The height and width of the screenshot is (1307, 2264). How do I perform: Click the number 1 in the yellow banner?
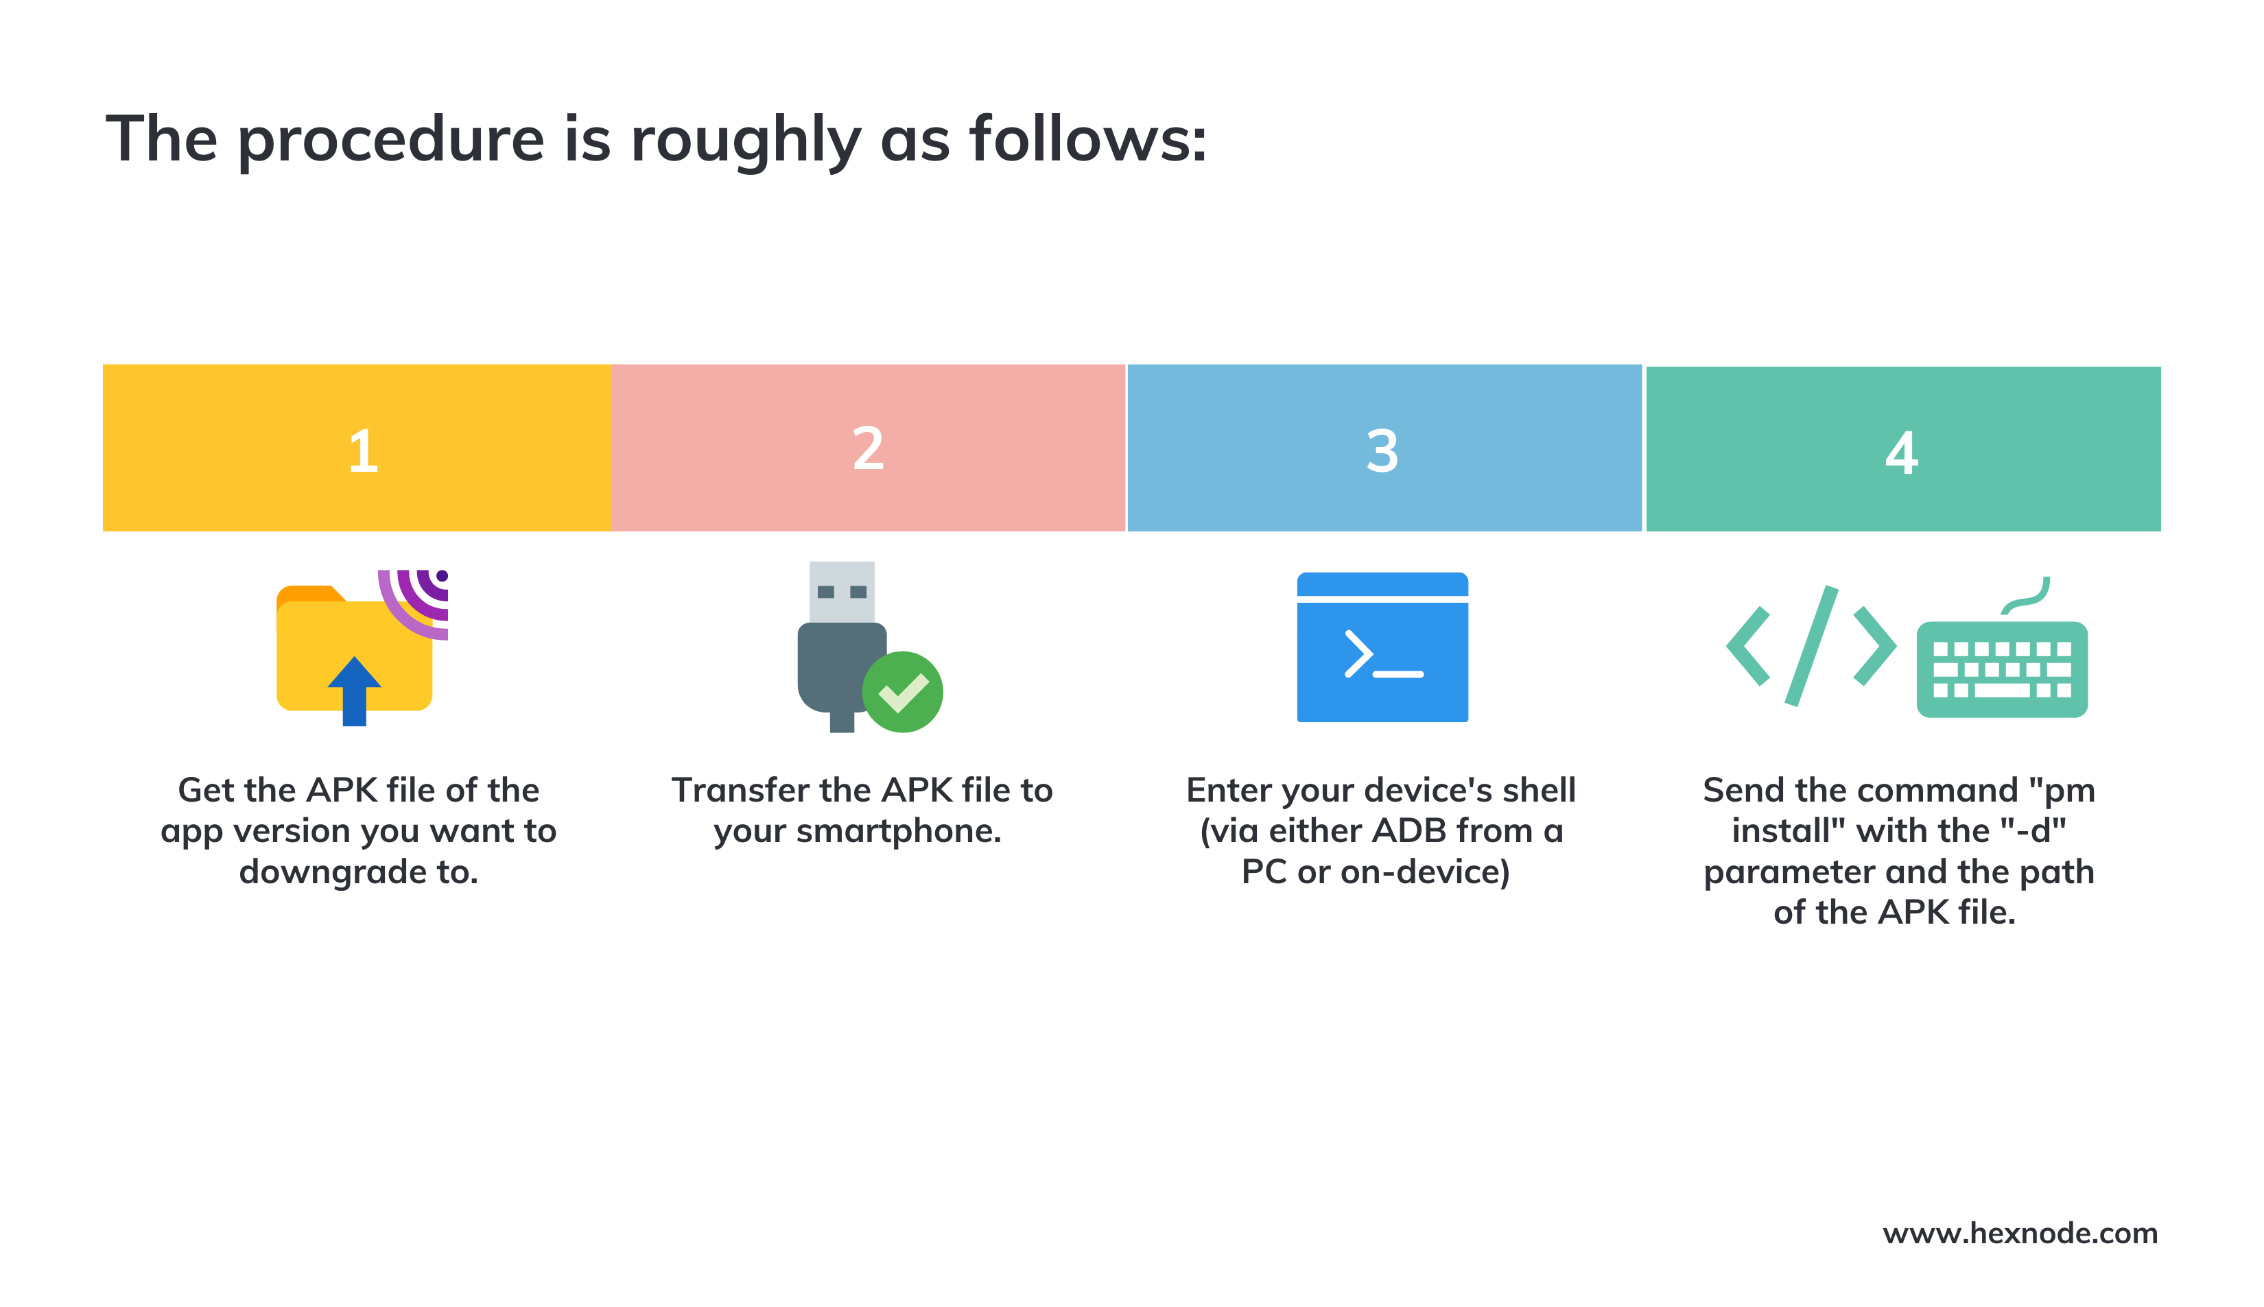[x=363, y=451]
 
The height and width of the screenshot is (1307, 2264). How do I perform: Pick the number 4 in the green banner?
[x=1900, y=453]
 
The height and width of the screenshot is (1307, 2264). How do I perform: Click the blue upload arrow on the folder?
[x=354, y=689]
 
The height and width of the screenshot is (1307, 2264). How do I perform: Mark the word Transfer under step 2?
[x=740, y=790]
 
